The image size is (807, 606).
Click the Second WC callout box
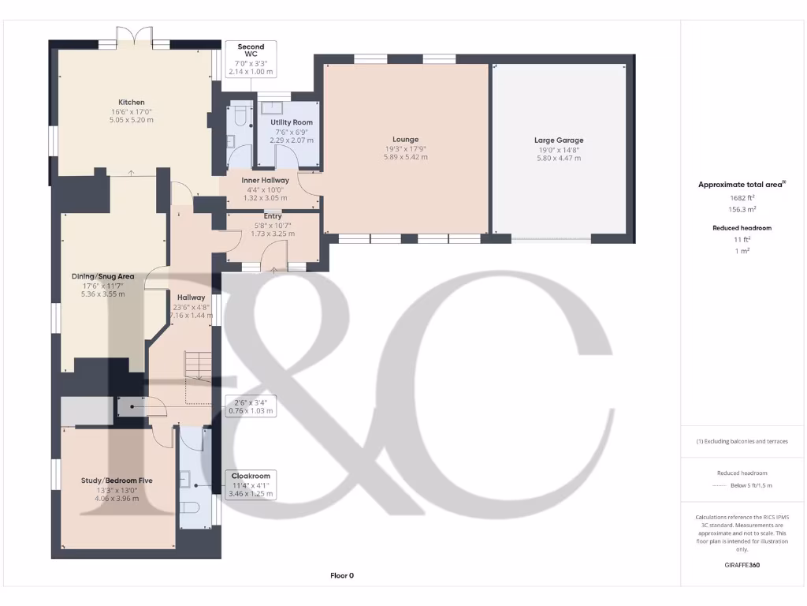251,59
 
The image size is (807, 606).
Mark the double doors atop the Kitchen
133,36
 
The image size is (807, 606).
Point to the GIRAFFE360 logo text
742,565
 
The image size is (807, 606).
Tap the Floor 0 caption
342,576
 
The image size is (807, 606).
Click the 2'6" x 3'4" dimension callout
251,406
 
